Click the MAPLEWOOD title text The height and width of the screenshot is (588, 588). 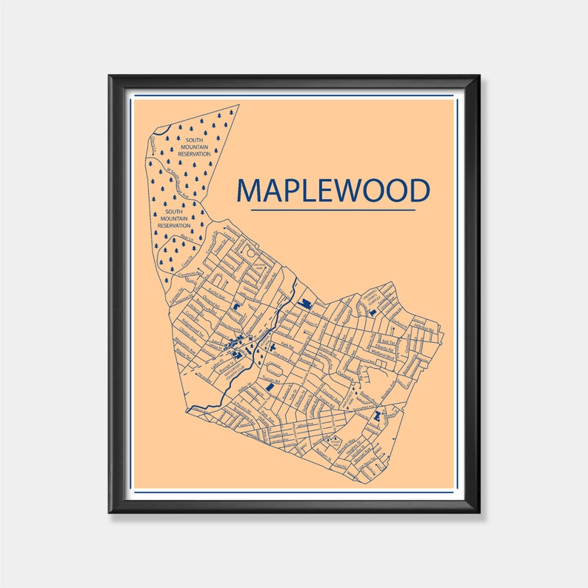pos(333,190)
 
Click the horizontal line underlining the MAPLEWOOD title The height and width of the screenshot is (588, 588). pos(333,210)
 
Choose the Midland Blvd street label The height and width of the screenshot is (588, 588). pos(368,363)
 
